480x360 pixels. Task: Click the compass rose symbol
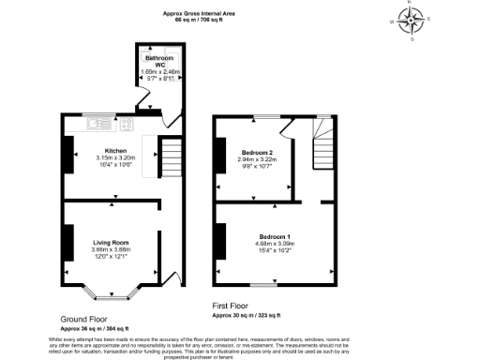click(x=411, y=20)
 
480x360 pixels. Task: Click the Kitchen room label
click(x=115, y=150)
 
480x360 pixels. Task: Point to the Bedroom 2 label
click(x=257, y=152)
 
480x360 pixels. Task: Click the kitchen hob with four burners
click(x=126, y=123)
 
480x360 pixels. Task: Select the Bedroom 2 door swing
click(x=287, y=127)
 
